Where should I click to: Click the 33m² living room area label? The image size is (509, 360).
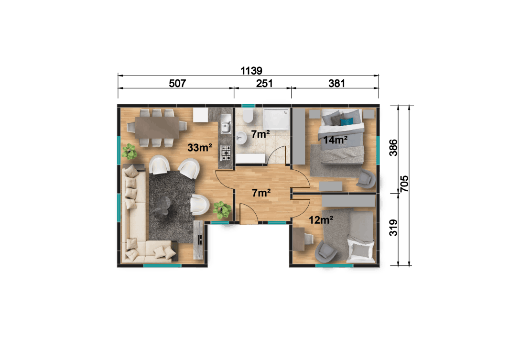199,148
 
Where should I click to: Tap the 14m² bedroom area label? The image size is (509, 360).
335,140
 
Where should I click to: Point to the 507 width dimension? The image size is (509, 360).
177,83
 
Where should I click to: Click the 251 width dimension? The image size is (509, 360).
264,83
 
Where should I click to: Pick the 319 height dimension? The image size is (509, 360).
393,228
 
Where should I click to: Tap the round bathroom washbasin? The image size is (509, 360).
242,138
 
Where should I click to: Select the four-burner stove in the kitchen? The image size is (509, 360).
226,153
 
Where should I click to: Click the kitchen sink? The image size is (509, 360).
225,126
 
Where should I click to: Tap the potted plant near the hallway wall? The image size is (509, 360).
222,209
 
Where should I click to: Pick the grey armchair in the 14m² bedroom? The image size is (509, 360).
366,179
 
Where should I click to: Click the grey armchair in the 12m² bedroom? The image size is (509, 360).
326,250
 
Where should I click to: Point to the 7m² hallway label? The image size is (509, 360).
261,193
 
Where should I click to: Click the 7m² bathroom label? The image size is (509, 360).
261,135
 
